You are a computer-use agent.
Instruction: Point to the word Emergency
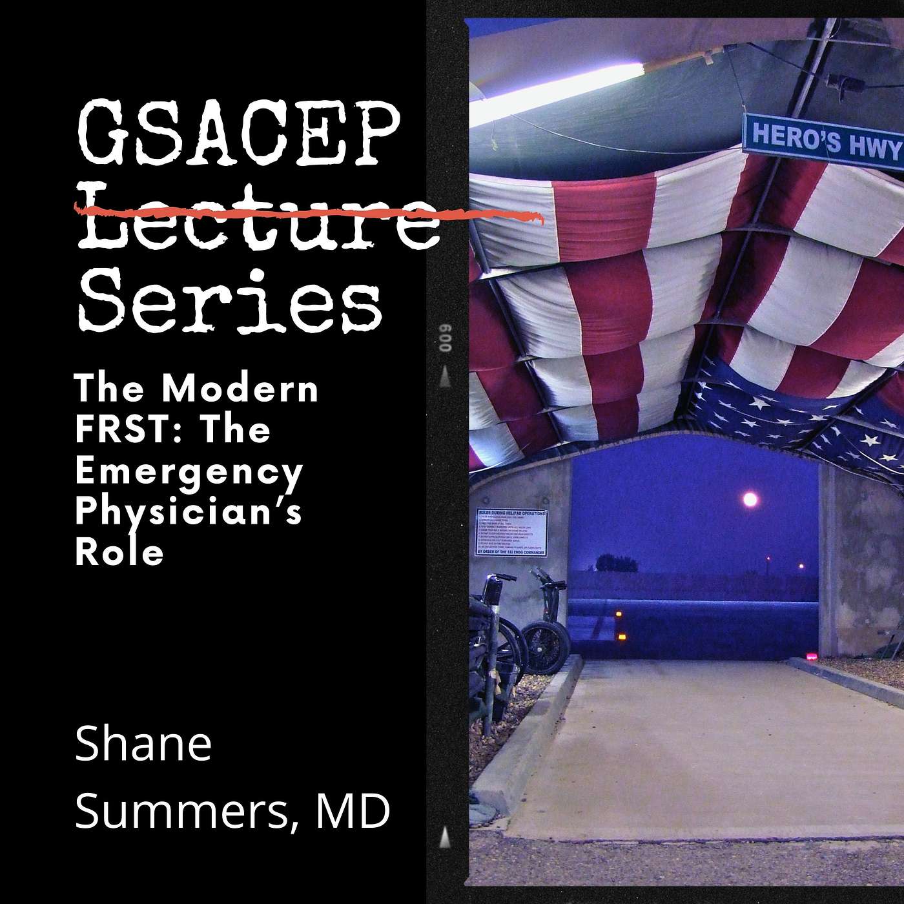(189, 471)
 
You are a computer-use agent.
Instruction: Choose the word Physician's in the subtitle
(189, 513)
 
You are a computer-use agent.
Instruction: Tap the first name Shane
(143, 745)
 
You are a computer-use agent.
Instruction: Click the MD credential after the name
(353, 812)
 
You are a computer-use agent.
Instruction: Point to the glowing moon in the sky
(750, 498)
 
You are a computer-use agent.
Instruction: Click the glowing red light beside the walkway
(810, 659)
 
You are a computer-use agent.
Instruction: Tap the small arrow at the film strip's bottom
(445, 837)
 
